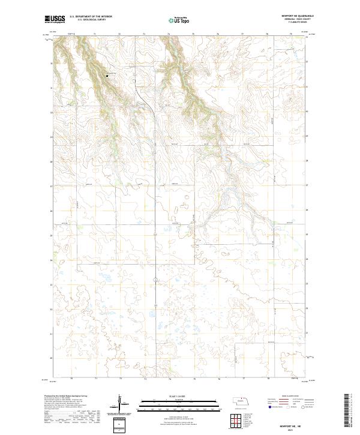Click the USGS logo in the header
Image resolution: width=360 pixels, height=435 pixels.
tap(55, 19)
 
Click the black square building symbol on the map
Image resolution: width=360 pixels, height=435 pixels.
tap(107, 76)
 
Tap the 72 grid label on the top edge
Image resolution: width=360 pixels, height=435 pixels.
tap(119, 34)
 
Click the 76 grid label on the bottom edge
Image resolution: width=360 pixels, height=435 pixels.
tap(219, 379)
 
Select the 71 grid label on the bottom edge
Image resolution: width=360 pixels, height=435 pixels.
tap(96, 379)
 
